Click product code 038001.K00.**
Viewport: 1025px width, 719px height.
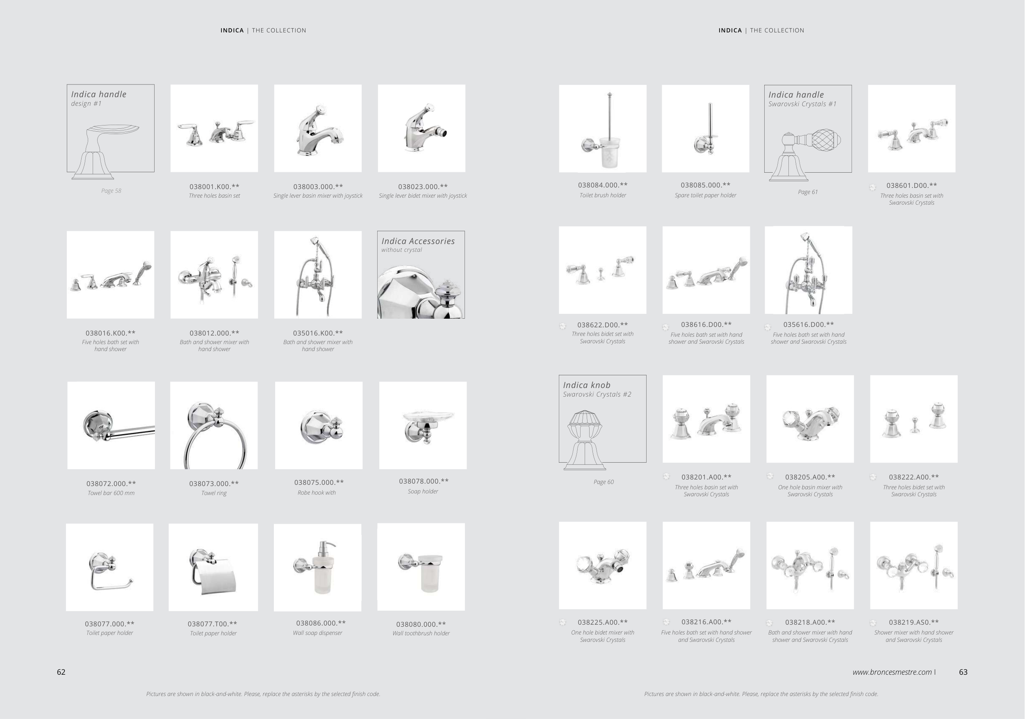214,187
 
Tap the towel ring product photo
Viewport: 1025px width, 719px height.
214,425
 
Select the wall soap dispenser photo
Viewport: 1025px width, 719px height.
317,568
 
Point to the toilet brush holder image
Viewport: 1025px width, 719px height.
603,129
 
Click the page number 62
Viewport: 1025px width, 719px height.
61,672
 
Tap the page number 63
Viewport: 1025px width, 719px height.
963,672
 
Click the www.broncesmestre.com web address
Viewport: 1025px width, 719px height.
892,672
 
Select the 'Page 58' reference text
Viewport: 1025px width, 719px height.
111,191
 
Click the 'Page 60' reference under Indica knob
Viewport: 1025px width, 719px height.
604,482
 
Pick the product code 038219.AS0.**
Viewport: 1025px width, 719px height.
914,622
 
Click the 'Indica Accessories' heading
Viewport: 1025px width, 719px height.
418,241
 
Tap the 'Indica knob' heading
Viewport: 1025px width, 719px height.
587,385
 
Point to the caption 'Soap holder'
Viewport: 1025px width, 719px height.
423,491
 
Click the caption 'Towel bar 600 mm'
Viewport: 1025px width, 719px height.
111,493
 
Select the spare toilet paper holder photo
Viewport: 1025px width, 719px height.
705,129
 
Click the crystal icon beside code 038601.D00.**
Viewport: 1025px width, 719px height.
873,187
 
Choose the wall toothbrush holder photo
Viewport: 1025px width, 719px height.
421,567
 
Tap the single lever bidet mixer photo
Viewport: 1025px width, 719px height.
421,128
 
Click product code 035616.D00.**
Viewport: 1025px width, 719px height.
809,325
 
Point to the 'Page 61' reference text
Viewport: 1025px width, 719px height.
808,192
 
